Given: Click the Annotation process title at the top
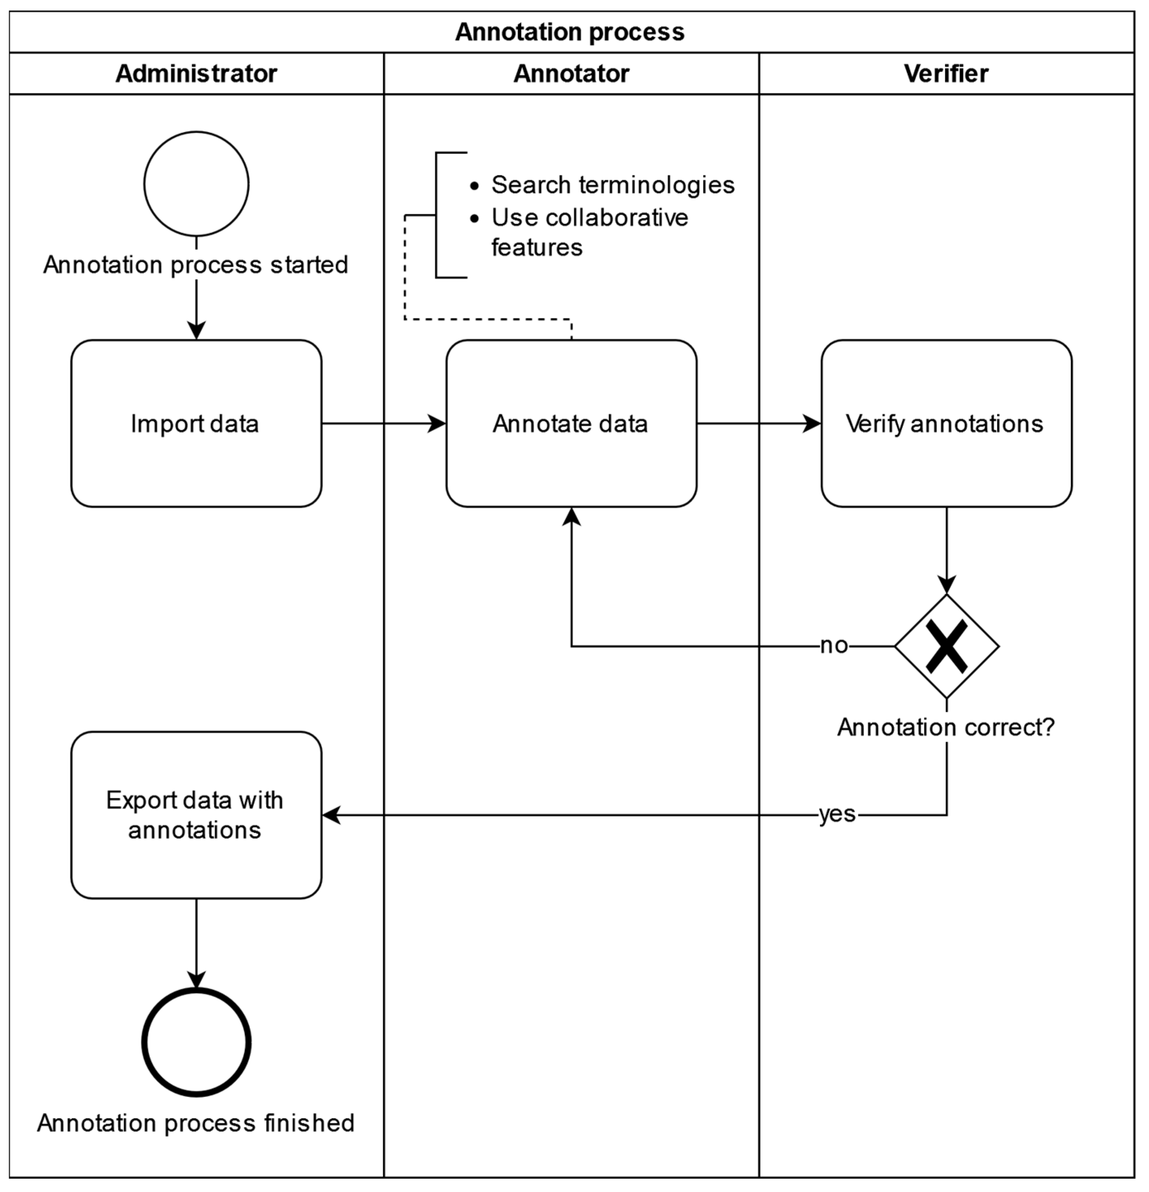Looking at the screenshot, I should pyautogui.click(x=570, y=31).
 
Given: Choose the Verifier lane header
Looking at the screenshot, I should pyautogui.click(x=946, y=74).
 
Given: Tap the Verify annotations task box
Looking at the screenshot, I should pyautogui.click(x=946, y=423).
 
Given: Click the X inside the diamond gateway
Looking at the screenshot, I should pyautogui.click(x=946, y=646).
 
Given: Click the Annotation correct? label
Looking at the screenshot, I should pyautogui.click(x=946, y=728).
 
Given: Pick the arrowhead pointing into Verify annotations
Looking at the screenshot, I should pyautogui.click(x=813, y=423).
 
